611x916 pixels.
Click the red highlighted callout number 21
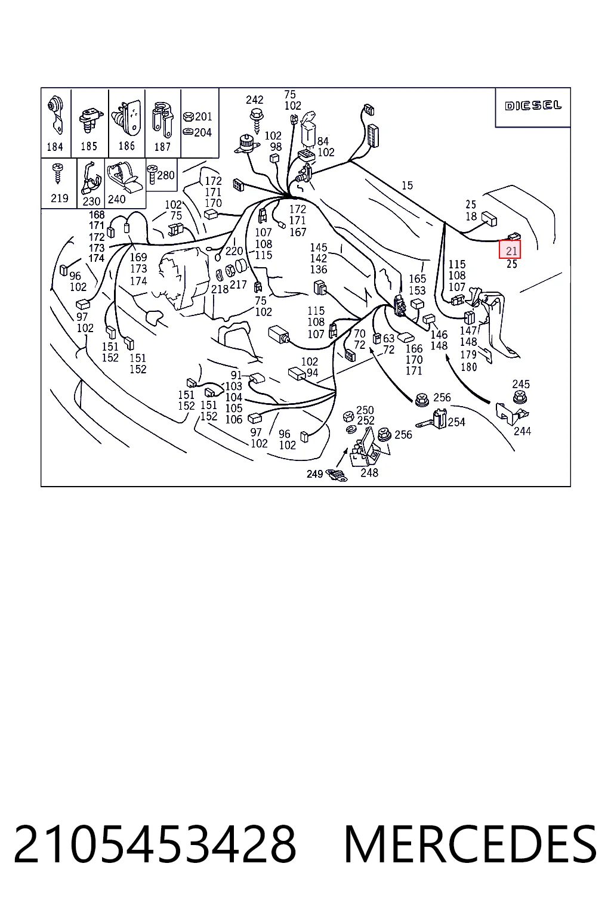click(511, 250)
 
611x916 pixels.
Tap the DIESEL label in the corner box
click(533, 106)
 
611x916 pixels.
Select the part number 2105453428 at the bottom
click(155, 844)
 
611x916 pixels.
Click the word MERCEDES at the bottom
click(470, 844)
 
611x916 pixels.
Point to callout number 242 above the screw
click(254, 100)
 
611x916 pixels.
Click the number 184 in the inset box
click(55, 146)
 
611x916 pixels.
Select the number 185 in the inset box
click(89, 146)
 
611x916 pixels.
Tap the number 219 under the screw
click(59, 199)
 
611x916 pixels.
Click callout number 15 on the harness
click(407, 185)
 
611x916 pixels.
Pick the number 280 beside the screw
click(166, 175)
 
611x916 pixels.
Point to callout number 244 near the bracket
click(522, 431)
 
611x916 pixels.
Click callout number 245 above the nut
click(521, 384)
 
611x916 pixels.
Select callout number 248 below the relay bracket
click(369, 473)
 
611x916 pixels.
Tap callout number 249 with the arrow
click(314, 474)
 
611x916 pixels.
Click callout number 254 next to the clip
click(456, 422)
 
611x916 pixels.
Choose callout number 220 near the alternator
click(234, 250)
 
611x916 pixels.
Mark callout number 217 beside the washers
click(238, 284)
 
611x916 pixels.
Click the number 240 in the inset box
click(116, 199)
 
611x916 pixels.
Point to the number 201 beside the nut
click(203, 116)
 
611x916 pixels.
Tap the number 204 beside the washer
click(203, 132)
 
